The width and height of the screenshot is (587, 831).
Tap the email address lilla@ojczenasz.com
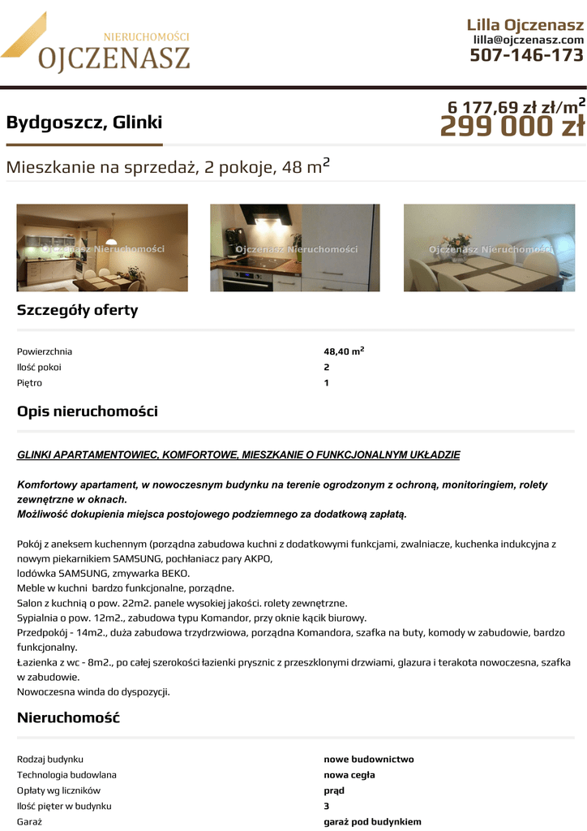click(528, 40)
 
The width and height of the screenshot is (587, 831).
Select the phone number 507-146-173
click(526, 55)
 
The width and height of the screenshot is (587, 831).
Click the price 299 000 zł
click(512, 127)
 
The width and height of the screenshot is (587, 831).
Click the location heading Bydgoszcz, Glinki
click(84, 123)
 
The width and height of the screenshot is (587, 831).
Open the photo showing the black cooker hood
click(294, 248)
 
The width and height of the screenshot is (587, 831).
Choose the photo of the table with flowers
click(489, 248)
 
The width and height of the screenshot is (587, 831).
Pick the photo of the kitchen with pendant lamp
click(102, 248)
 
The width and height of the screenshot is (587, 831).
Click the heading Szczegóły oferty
click(78, 310)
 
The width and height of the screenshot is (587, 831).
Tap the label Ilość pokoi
click(39, 367)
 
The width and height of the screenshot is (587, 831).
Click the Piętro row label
click(29, 382)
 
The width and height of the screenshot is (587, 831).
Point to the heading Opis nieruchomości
click(88, 411)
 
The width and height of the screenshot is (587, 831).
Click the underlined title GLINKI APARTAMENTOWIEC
click(238, 455)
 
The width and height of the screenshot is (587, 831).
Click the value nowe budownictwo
click(369, 760)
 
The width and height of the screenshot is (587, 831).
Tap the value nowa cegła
click(349, 775)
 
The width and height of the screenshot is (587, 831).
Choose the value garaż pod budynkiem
click(372, 821)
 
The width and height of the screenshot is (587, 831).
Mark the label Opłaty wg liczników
click(58, 790)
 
